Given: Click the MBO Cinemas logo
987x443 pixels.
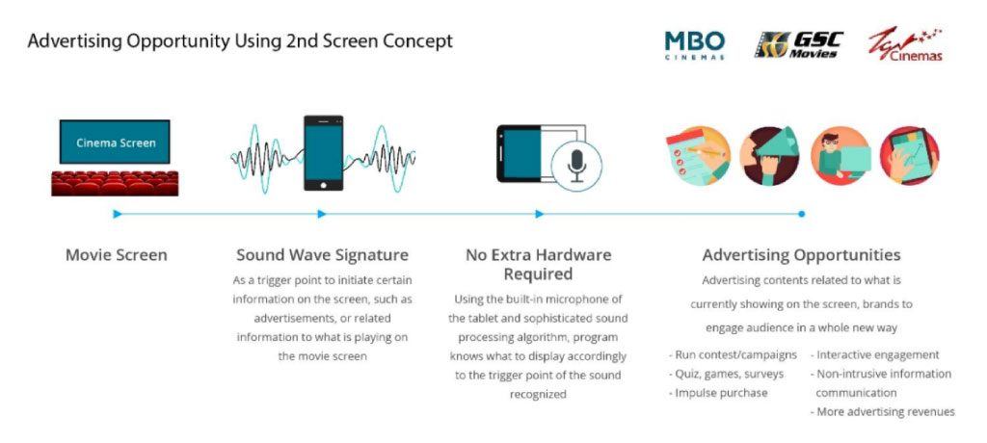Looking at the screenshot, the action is [694, 44].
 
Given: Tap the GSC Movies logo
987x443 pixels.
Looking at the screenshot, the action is [798, 44].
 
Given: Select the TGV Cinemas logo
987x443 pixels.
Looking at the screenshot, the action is [905, 44].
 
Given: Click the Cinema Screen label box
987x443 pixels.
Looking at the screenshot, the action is [115, 143].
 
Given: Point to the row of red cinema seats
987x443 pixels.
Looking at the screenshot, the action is [115, 183].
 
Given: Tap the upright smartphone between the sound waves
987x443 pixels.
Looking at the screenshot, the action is [324, 153].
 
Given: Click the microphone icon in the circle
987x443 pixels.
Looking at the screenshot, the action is [576, 166].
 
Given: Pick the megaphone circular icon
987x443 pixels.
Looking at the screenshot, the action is [769, 155].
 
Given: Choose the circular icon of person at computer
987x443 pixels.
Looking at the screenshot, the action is [840, 155].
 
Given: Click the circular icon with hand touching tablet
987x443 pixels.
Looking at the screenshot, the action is [909, 155].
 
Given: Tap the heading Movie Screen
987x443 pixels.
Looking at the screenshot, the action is [117, 255].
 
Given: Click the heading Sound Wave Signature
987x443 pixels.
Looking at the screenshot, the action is [322, 255].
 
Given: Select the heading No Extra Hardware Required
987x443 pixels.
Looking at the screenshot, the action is [538, 264].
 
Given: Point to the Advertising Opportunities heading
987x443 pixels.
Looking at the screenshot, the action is [801, 255].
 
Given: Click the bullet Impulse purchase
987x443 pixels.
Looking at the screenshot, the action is [718, 393].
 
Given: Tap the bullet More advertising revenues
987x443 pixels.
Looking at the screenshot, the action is [883, 412].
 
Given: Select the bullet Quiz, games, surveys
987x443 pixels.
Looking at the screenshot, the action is [726, 375].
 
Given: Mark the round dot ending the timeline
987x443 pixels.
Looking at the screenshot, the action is [801, 214].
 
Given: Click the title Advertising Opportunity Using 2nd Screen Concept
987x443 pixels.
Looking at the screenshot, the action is [240, 42].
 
